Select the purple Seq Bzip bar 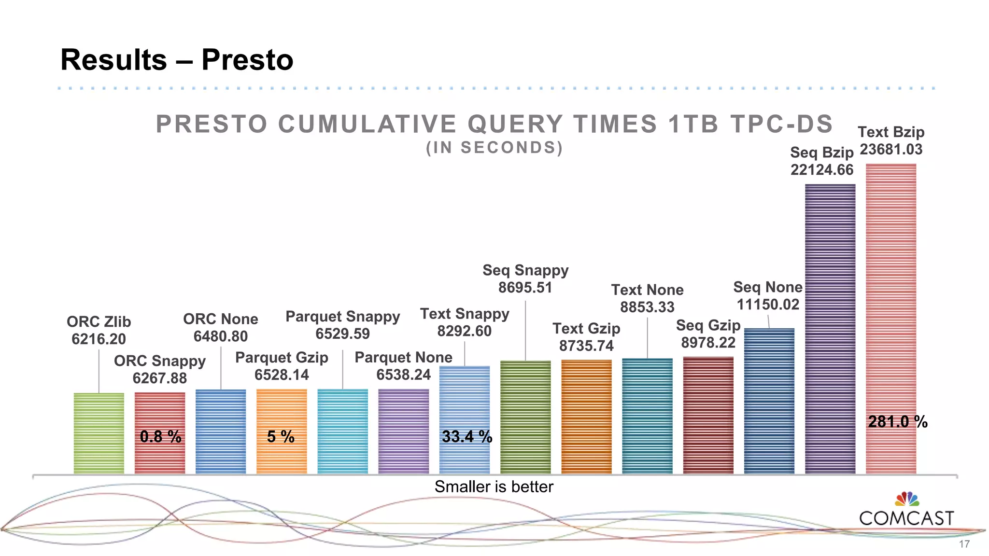(x=830, y=328)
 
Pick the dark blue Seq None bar (x=769, y=401)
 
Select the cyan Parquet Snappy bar (x=343, y=431)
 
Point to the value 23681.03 (x=891, y=149)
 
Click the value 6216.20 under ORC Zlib (x=99, y=339)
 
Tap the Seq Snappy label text (x=525, y=270)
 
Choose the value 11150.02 (x=768, y=305)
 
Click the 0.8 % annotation (x=160, y=437)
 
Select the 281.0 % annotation (x=898, y=422)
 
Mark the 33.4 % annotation (x=467, y=437)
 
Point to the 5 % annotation (x=281, y=437)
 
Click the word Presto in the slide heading (x=247, y=60)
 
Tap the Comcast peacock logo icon (x=907, y=499)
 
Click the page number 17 (x=964, y=544)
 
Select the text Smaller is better (x=494, y=486)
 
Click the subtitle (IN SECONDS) (x=494, y=148)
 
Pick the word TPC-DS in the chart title (x=782, y=124)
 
